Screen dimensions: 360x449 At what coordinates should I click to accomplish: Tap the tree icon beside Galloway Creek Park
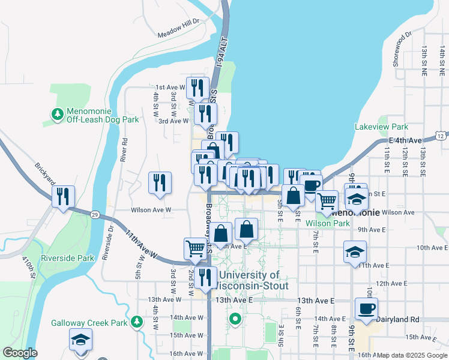coord(138,323)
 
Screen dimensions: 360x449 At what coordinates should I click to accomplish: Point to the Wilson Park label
coord(327,223)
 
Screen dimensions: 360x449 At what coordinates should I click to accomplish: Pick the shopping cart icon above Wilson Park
coord(327,201)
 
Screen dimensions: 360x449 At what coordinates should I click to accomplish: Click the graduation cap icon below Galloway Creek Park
coord(80,340)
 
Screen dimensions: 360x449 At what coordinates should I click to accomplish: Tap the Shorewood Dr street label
coord(400,49)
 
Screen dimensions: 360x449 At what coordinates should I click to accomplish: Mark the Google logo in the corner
coord(20,353)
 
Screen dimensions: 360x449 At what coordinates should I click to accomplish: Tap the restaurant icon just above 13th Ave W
coord(206,277)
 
